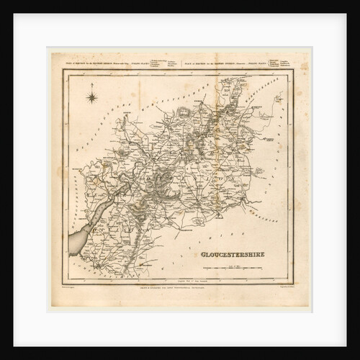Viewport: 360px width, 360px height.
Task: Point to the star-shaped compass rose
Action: tap(92, 96)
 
